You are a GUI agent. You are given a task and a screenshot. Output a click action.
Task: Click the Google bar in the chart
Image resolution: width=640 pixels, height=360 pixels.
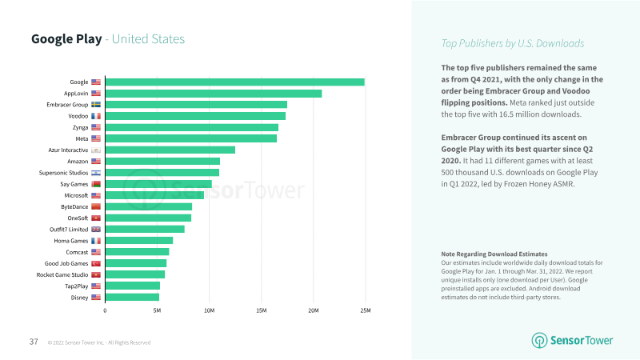coord(234,82)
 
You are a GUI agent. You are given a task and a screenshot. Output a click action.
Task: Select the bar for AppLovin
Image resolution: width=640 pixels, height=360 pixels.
coord(214,94)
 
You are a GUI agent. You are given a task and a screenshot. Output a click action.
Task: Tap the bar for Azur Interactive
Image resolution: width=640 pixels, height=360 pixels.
coord(170,150)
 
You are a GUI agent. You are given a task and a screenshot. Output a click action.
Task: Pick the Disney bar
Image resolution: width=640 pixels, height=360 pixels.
coord(132,297)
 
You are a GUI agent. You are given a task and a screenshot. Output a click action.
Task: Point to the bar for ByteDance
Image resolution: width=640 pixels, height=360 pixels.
coord(149,206)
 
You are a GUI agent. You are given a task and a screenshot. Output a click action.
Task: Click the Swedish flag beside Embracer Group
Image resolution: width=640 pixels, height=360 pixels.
coord(96,105)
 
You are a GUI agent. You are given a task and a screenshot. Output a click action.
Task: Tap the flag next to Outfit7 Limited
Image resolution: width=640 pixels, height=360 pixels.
coord(96,230)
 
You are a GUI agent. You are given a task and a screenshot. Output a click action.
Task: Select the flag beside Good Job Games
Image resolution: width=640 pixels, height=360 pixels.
coord(96,263)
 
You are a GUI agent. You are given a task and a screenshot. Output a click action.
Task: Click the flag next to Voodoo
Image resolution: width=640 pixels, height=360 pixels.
coord(96,116)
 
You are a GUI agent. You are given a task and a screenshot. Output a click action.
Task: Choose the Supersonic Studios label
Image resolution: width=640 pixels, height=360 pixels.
coord(63,173)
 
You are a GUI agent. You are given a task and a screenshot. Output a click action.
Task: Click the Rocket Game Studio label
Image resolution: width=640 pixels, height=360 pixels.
coord(62,274)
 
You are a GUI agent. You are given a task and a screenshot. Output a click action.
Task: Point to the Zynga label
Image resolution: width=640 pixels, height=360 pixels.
coord(81,127)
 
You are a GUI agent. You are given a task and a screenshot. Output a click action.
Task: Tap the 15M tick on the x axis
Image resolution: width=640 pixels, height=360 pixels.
coord(262,310)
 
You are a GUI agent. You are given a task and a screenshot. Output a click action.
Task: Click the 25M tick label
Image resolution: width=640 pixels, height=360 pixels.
coord(366,310)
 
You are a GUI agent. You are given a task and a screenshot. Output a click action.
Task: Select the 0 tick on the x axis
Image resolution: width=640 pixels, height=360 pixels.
coord(105,310)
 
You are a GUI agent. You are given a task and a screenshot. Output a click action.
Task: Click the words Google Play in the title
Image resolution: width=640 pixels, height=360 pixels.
coord(66,38)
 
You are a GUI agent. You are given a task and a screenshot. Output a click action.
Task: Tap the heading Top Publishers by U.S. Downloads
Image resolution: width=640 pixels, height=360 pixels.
coord(513,43)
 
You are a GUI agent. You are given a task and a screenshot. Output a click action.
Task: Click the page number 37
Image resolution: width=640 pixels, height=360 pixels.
coord(34,342)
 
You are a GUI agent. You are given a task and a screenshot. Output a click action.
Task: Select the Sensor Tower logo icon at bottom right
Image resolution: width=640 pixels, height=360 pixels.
coord(539,341)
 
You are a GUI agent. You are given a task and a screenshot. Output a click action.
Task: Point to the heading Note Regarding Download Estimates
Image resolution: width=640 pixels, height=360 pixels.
coord(494,254)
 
